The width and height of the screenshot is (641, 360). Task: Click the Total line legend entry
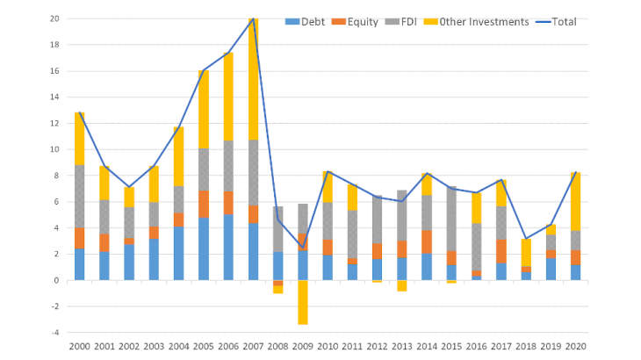pos(558,21)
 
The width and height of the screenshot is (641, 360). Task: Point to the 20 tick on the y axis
pos(54,18)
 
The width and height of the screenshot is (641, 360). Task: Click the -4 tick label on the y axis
pos(54,333)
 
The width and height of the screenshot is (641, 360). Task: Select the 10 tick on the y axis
pos(54,149)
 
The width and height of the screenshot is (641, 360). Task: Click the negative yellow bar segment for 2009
pos(302,302)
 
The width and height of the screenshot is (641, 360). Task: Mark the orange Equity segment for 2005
pos(203,204)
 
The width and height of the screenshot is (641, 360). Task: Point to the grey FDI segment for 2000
pos(80,196)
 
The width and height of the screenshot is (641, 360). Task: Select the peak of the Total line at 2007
pos(253,18)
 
